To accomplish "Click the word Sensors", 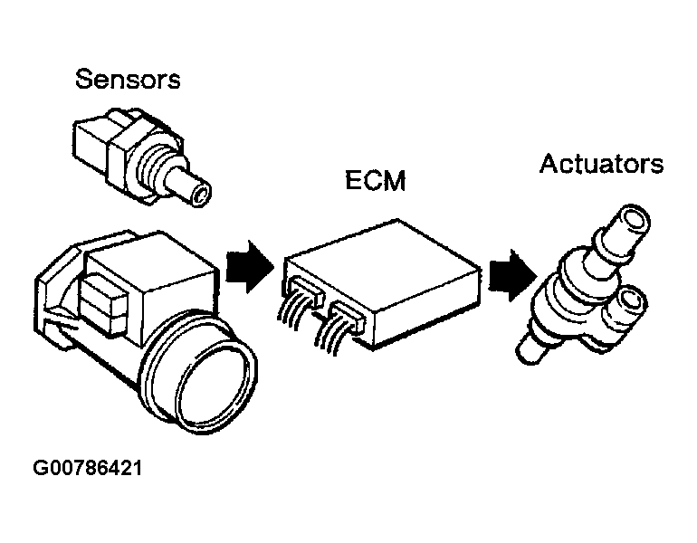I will (x=128, y=79).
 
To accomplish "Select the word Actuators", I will (x=601, y=164).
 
